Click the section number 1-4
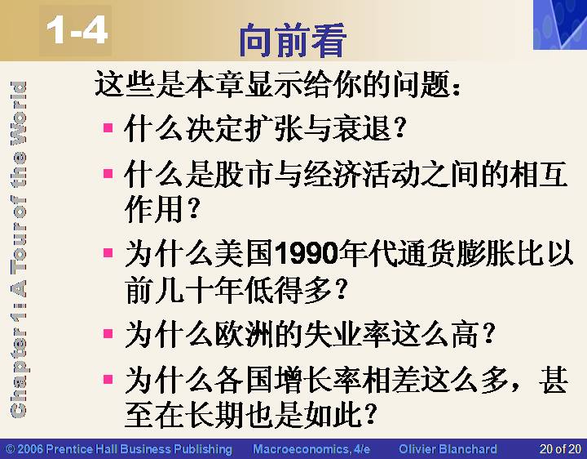pyautogui.click(x=77, y=31)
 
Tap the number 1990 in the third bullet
pyautogui.click(x=307, y=254)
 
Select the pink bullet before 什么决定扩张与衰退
pyautogui.click(x=108, y=128)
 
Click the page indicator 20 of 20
pyautogui.click(x=560, y=449)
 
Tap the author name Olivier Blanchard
pyautogui.click(x=448, y=449)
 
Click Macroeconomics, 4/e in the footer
pyautogui.click(x=311, y=449)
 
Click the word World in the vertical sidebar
pyautogui.click(x=18, y=113)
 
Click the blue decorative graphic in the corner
pyautogui.click(x=560, y=25)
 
